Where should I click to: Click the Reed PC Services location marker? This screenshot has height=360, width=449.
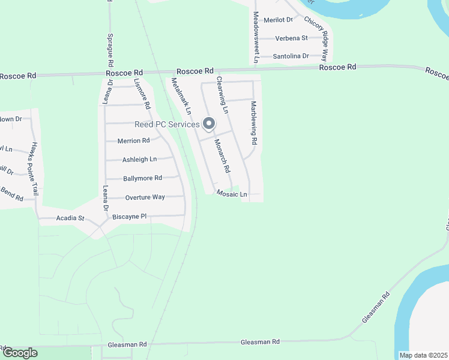coord(209,124)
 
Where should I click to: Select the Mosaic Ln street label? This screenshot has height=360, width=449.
coord(232,194)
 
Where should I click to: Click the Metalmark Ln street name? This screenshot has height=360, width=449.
coord(181,96)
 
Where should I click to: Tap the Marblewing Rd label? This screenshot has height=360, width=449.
coord(254,123)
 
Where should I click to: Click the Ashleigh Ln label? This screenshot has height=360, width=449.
coord(139,160)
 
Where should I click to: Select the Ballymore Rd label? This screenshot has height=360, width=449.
coord(142,178)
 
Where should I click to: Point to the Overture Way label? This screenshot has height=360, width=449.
coord(145,197)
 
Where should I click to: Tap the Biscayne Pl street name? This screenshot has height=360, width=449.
coord(134,216)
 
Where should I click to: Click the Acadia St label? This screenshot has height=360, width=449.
coord(70,218)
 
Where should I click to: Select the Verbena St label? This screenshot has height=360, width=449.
coord(291,38)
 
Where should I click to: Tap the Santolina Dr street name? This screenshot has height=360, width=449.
coord(291,56)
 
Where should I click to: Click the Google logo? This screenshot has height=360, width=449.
coord(20,353)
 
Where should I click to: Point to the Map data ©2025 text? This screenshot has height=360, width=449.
coord(423,355)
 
